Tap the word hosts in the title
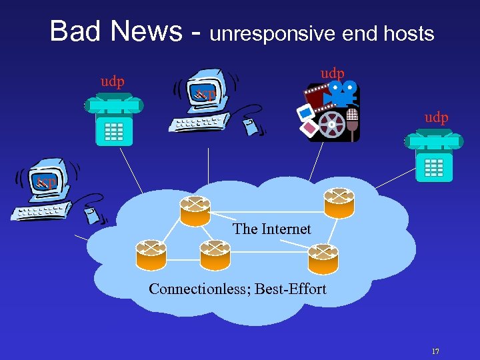point(409,33)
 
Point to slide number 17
point(435,351)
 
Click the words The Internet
point(271,229)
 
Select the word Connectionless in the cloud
point(193,289)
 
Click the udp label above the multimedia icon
point(332,72)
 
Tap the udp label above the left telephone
point(112,81)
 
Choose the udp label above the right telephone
point(436,117)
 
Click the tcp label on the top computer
point(205,94)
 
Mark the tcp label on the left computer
point(47,181)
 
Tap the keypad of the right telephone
point(433,167)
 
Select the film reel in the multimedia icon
point(331,123)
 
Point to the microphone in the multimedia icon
point(352,121)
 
